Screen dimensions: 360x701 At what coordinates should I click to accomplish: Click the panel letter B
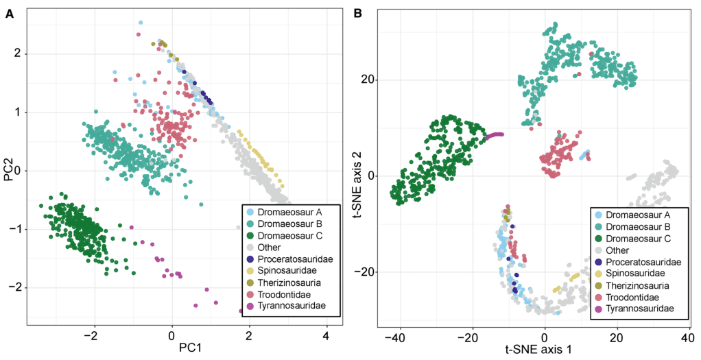[357, 12]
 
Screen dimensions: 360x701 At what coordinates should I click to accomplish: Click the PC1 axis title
[171, 350]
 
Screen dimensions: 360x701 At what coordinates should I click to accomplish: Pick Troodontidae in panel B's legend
[636, 297]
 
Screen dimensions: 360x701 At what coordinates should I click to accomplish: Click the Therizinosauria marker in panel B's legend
[599, 285]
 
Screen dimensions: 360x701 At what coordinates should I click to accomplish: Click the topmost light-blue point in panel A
[141, 23]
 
